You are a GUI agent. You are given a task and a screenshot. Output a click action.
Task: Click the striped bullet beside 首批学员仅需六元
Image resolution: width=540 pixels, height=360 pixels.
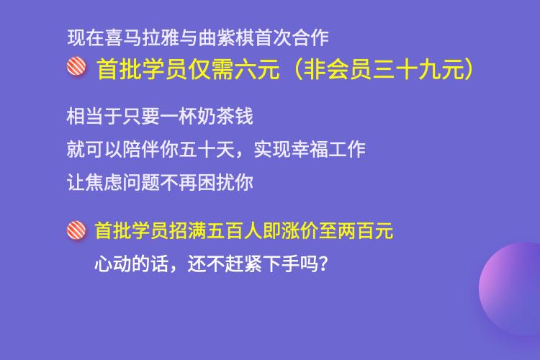[x=76, y=66]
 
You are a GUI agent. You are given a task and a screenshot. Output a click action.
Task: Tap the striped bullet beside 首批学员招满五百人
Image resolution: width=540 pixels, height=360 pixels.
[x=76, y=230]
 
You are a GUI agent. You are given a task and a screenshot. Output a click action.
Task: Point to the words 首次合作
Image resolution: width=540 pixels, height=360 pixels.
[x=292, y=37]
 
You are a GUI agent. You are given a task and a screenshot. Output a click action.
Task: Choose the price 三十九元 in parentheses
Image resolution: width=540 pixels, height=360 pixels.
[x=418, y=69]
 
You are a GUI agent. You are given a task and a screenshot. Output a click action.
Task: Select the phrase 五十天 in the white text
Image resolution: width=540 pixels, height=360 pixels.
[x=207, y=149]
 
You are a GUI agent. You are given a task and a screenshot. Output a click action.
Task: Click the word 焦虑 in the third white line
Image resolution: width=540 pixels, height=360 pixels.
[x=104, y=182]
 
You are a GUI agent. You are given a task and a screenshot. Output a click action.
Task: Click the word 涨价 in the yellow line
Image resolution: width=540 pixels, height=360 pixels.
[x=299, y=230]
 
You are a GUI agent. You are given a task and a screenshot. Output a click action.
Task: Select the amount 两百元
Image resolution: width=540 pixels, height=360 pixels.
[x=365, y=230]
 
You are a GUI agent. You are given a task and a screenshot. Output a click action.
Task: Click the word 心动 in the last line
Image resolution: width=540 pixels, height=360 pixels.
[x=113, y=264]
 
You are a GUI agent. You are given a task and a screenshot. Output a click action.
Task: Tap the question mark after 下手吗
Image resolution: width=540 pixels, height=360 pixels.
[x=323, y=264]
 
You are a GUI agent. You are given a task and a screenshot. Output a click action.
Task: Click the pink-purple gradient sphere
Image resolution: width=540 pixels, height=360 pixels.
[x=510, y=289]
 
